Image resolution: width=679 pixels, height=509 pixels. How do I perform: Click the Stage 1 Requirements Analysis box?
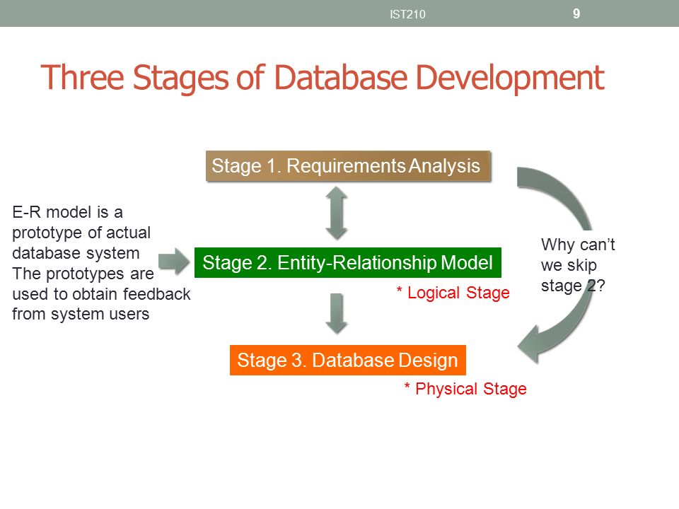[348, 165]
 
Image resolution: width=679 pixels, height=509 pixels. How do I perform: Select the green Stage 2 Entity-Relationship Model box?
[348, 263]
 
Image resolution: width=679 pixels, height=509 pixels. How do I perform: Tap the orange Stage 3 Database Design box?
[348, 360]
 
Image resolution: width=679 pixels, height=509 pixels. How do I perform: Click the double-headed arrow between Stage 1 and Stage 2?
[337, 213]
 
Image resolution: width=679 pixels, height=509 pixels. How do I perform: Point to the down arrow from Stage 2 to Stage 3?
[337, 313]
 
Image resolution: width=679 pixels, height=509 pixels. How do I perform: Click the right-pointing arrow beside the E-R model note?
[174, 262]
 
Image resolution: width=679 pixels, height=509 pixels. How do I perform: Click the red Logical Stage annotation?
[453, 293]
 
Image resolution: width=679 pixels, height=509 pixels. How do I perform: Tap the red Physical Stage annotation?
[465, 389]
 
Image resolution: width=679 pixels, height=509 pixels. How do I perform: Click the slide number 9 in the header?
[576, 14]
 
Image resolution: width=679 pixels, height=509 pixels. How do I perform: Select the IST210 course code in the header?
[407, 14]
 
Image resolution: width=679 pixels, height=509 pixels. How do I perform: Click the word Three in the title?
[82, 78]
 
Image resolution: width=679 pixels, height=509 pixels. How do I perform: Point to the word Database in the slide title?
[341, 78]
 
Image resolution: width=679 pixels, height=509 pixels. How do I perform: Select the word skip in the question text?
[581, 266]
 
